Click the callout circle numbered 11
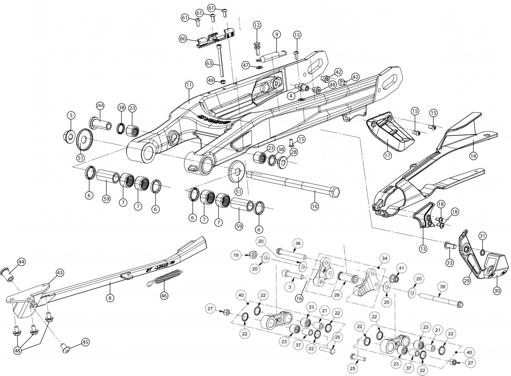coord(189,85)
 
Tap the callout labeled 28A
coord(100,105)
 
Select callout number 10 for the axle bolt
coord(315,206)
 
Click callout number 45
coord(86,342)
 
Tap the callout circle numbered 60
coord(183,38)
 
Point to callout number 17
coord(387,155)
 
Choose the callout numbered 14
coord(473,156)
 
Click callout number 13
coord(423,249)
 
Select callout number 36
coord(298,243)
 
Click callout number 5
coord(71,115)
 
